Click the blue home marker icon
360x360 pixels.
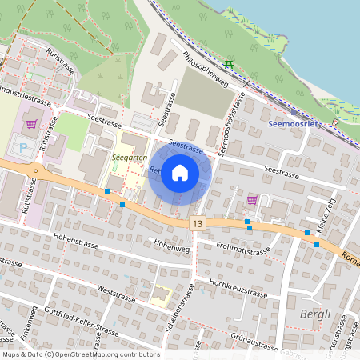pos(180,173)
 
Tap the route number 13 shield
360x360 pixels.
pos(197,226)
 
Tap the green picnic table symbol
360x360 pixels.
pos(230,64)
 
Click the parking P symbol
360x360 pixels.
pos(22,147)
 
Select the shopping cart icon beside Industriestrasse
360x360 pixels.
pos(31,124)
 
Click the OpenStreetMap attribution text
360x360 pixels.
pos(81,354)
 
